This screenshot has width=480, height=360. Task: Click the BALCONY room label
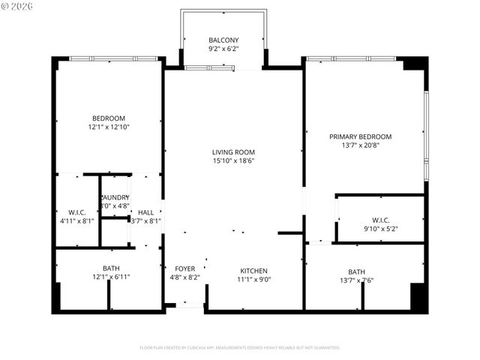[x=223, y=40]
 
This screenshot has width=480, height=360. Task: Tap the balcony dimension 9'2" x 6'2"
[x=223, y=49]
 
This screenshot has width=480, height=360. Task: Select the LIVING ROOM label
[x=233, y=151]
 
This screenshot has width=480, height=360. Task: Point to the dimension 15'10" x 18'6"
[x=233, y=160]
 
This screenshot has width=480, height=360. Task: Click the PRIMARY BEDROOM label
[x=360, y=136]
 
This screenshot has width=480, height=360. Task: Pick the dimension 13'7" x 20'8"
[x=360, y=145]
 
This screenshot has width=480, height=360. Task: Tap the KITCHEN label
[x=253, y=271]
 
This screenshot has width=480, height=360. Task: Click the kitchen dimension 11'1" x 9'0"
[x=253, y=280]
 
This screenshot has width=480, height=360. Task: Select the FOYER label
[x=185, y=268]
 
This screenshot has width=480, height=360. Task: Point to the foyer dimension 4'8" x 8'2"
[x=185, y=277]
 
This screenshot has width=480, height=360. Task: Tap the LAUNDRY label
[x=115, y=197]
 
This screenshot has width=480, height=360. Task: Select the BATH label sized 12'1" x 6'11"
[x=110, y=268]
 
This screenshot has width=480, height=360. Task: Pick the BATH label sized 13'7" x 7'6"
[x=356, y=272]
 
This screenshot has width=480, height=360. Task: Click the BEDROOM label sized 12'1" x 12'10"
[x=109, y=118]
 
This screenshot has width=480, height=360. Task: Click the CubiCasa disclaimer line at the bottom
[x=240, y=347]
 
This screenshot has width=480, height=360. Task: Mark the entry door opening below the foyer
[x=190, y=305]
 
